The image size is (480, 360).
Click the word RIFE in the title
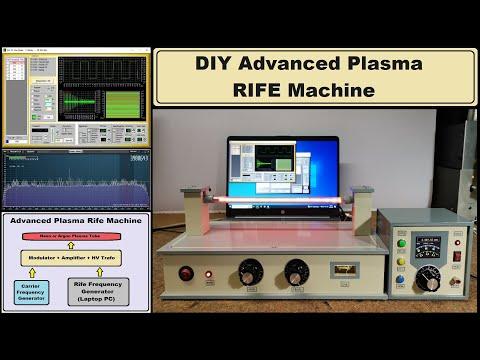point(269,90)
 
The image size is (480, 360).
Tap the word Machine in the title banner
point(336,90)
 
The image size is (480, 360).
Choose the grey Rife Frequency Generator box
point(108,291)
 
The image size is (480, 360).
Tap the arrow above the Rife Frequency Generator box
point(108,272)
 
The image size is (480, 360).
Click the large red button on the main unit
point(187,272)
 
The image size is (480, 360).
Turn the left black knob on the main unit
point(247,271)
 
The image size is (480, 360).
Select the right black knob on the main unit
point(296,271)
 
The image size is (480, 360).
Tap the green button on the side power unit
point(401,243)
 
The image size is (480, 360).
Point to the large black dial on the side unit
point(429,277)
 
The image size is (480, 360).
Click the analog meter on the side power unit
point(428,242)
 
